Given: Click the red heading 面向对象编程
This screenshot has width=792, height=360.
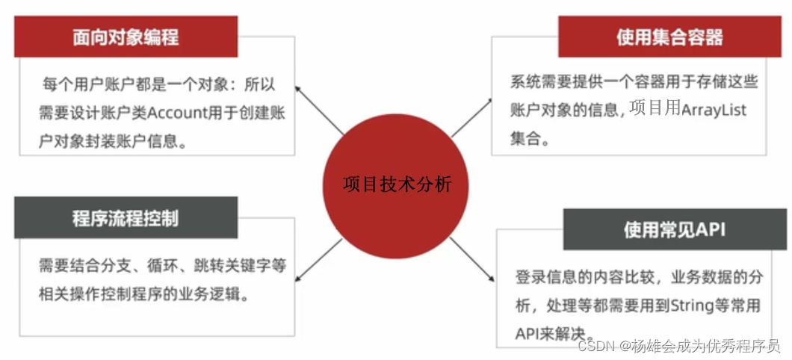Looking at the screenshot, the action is click(126, 37).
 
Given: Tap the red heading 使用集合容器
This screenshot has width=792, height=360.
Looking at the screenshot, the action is click(669, 37).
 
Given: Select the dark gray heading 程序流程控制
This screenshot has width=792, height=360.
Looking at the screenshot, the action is click(126, 219).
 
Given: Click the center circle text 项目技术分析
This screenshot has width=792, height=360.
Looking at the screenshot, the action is click(397, 184).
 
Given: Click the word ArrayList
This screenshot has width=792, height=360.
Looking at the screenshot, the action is click(714, 110).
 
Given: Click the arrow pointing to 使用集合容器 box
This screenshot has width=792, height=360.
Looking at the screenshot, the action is click(474, 117).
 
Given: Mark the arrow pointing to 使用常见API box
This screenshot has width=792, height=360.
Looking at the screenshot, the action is click(475, 261).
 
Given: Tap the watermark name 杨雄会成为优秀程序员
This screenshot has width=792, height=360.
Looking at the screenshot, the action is click(706, 346).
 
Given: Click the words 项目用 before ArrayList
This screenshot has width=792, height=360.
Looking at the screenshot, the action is click(655, 109).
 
